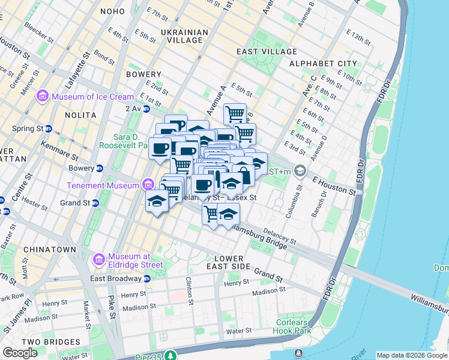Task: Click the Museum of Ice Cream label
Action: pos(92,97)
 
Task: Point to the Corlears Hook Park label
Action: pos(293,326)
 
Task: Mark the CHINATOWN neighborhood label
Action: pos(49,250)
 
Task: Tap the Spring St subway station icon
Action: pos(48,129)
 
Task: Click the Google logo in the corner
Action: pos(20,353)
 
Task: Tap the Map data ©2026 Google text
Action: pos(412,355)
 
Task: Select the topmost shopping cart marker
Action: pos(235,113)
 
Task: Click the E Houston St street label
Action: pos(334,184)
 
